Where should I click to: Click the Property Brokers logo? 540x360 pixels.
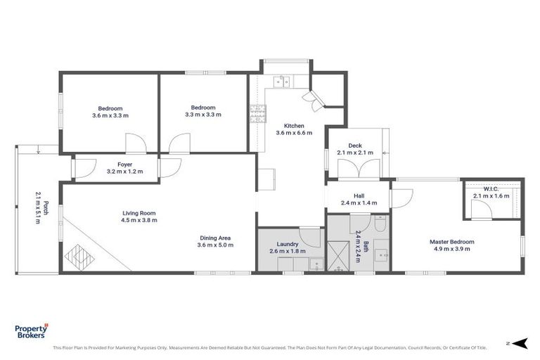32,332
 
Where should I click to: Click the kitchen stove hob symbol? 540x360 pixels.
255,112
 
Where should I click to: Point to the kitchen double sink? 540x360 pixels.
282,82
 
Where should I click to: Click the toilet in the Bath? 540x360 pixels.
378,224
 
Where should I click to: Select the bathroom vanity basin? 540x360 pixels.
381,255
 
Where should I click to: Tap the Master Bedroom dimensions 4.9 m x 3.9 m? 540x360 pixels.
452,249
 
